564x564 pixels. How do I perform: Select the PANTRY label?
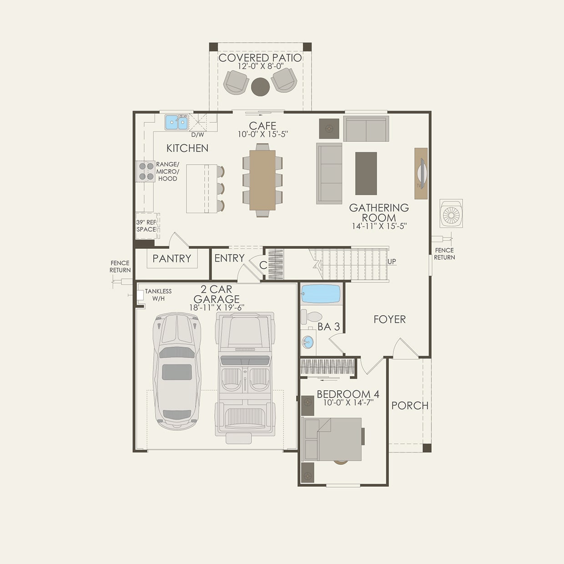click(171, 258)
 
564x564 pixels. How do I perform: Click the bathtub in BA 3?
click(321, 294)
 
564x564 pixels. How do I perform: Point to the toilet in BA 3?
click(312, 316)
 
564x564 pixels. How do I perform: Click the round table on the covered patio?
click(260, 86)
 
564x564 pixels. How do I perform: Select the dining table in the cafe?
click(262, 180)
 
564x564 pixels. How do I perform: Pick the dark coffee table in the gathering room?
click(366, 173)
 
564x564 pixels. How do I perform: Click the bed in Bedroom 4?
click(332, 439)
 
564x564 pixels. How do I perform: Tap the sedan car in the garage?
click(177, 371)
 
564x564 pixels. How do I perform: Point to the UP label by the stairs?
click(392, 262)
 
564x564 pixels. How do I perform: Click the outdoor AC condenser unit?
click(451, 213)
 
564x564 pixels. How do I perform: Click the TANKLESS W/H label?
click(158, 295)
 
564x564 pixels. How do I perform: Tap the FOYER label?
click(389, 319)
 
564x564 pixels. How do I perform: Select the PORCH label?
click(410, 405)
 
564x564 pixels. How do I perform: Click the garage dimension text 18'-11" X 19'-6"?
click(217, 307)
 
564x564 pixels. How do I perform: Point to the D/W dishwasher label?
click(197, 135)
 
